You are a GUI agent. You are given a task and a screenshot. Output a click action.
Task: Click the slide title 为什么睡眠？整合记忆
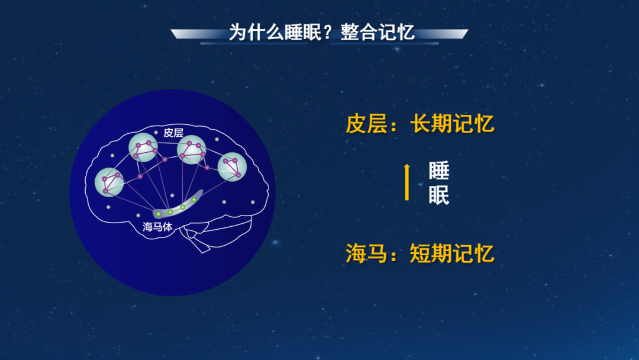tap(321, 32)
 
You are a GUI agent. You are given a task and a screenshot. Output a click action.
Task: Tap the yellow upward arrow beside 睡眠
tap(406, 182)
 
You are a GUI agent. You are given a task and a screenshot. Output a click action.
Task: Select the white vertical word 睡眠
tap(439, 182)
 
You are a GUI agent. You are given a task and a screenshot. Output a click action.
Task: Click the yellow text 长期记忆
tap(452, 124)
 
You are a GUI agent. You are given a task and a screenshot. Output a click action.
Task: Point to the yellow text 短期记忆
tap(452, 253)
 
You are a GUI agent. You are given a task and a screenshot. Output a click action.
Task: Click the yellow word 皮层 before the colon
tap(366, 124)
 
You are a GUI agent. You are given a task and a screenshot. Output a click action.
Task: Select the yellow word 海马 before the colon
tap(366, 253)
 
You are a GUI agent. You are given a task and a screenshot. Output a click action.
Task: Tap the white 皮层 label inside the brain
tap(173, 133)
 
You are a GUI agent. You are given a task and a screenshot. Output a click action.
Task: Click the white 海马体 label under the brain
tap(157, 227)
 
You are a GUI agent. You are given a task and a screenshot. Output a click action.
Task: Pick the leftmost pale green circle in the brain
tap(109, 182)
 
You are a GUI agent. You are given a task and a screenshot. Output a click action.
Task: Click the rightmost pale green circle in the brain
tap(233, 167)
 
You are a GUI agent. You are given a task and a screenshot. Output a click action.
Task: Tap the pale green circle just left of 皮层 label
tap(143, 147)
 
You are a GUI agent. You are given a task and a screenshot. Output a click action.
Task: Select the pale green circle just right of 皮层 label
tap(192, 150)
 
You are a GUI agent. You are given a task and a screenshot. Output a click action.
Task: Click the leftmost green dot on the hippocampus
tap(159, 214)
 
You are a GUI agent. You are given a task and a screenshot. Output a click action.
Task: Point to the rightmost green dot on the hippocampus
tap(194, 200)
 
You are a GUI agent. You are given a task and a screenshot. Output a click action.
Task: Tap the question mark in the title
tap(328, 33)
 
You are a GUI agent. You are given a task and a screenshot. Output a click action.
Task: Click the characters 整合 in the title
tap(359, 32)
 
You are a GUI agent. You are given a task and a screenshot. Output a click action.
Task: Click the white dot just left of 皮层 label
tap(156, 132)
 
